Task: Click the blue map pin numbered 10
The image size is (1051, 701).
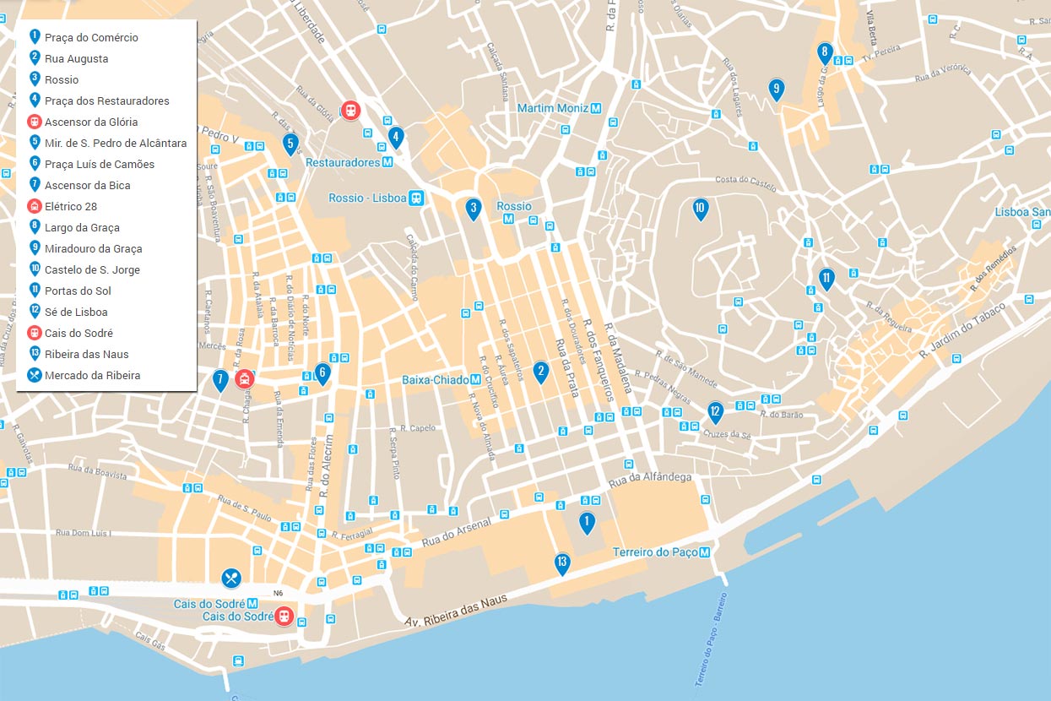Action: (x=700, y=209)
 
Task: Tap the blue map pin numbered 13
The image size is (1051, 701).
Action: (x=562, y=563)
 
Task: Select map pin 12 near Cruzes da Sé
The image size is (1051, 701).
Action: (x=715, y=412)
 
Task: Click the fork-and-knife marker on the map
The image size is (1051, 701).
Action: (x=231, y=578)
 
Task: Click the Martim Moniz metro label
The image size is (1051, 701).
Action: (x=560, y=108)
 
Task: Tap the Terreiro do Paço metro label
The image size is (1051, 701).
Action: (x=661, y=552)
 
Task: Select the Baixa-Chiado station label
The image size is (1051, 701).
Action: (x=441, y=380)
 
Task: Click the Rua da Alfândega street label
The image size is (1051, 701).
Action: (x=650, y=478)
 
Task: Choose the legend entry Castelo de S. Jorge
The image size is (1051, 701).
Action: (x=92, y=270)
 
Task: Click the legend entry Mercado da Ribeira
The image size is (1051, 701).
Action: (x=92, y=376)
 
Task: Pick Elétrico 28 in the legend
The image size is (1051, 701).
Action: (x=71, y=207)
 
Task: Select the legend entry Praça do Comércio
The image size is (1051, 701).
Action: (x=91, y=38)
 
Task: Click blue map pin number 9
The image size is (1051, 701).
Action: (x=776, y=89)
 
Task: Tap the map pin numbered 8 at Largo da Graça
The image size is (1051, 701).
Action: (x=825, y=53)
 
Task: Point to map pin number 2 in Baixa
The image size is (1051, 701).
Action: (x=540, y=371)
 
